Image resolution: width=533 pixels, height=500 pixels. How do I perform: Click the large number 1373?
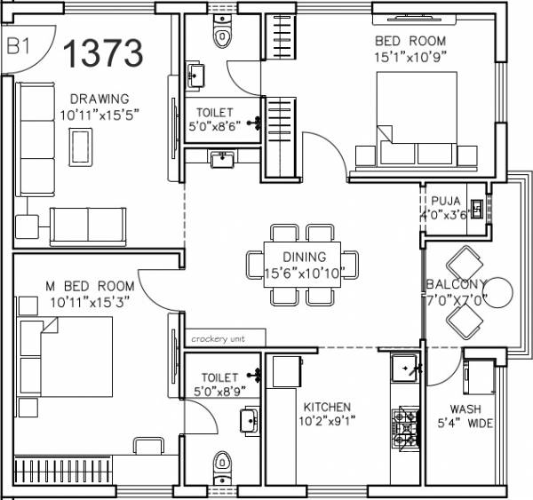(x=102, y=52)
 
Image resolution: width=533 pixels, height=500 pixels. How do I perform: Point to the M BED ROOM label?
(x=92, y=286)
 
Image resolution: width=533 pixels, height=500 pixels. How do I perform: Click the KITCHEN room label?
(x=324, y=407)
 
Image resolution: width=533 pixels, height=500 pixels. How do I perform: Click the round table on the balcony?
(x=499, y=293)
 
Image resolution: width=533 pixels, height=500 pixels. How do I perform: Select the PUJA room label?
(x=446, y=200)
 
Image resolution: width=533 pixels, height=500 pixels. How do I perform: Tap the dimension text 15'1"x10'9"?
(x=409, y=57)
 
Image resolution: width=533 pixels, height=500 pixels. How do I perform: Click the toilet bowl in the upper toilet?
(x=221, y=36)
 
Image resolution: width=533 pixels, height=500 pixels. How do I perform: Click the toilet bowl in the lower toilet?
(x=222, y=464)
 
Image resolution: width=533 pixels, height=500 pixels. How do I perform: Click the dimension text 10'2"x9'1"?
(x=324, y=421)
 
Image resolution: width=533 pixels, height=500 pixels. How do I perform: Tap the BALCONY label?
(x=457, y=283)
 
